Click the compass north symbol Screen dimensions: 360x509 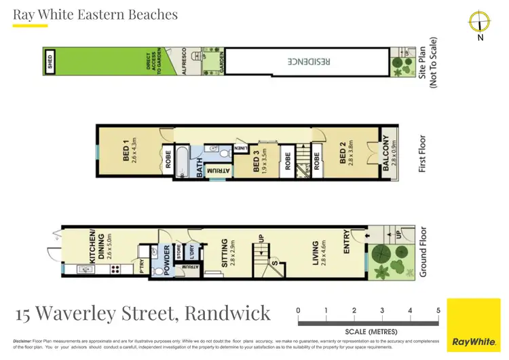click(479, 22)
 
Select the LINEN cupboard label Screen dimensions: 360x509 click(241, 147)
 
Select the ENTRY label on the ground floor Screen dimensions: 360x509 click(347, 241)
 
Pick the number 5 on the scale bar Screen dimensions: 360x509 click(438, 310)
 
